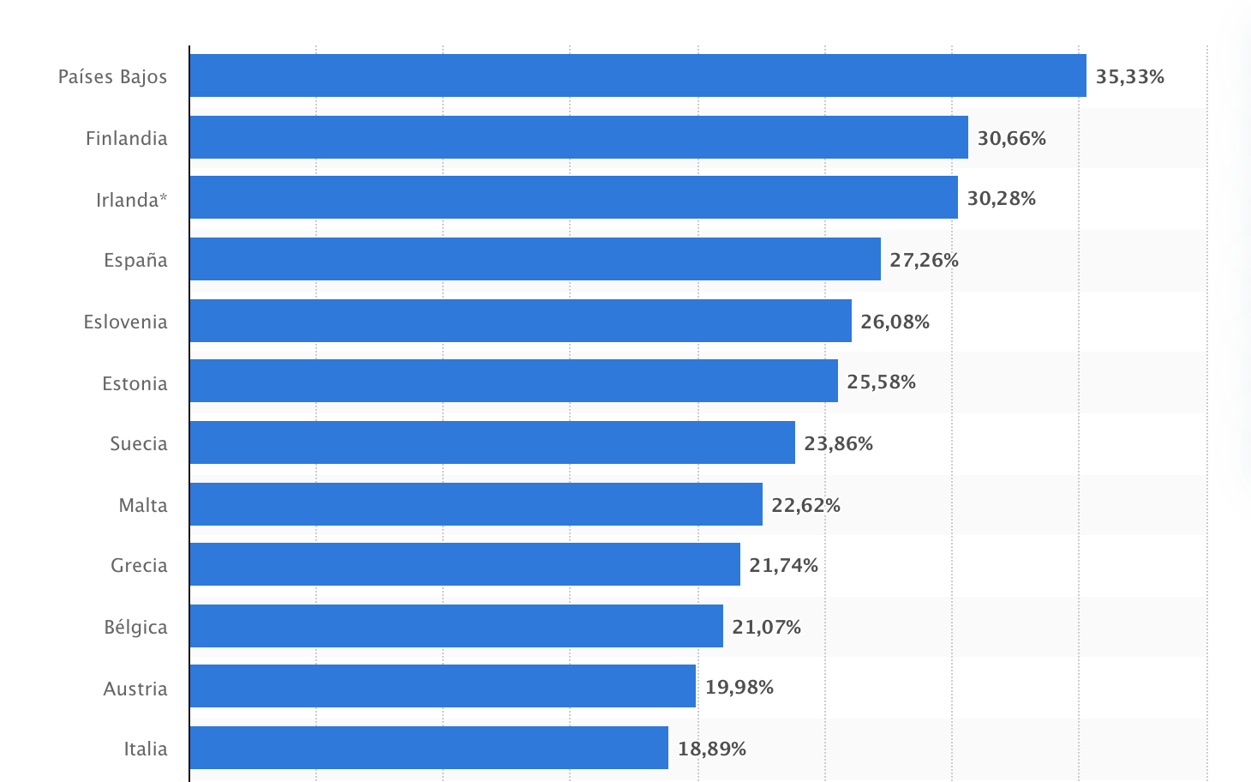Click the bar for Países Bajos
pyautogui.click(x=637, y=75)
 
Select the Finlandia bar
pyautogui.click(x=578, y=137)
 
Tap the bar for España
pyautogui.click(x=535, y=259)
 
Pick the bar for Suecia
pyautogui.click(x=492, y=442)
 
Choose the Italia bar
pyautogui.click(x=428, y=748)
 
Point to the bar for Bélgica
pyautogui.click(x=456, y=626)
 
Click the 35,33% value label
pyautogui.click(x=1129, y=77)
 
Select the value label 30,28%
pyautogui.click(x=1001, y=199)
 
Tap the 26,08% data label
pyautogui.click(x=895, y=322)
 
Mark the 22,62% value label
pyautogui.click(x=805, y=506)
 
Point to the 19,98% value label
pyautogui.click(x=739, y=688)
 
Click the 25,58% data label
pyautogui.click(x=881, y=382)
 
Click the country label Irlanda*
pyautogui.click(x=131, y=200)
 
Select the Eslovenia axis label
pyautogui.click(x=125, y=322)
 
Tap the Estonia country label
pyautogui.click(x=135, y=383)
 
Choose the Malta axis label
pyautogui.click(x=143, y=506)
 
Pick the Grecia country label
pyautogui.click(x=139, y=566)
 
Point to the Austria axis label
pyautogui.click(x=135, y=689)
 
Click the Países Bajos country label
pyautogui.click(x=112, y=77)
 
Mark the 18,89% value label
pyautogui.click(x=711, y=749)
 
